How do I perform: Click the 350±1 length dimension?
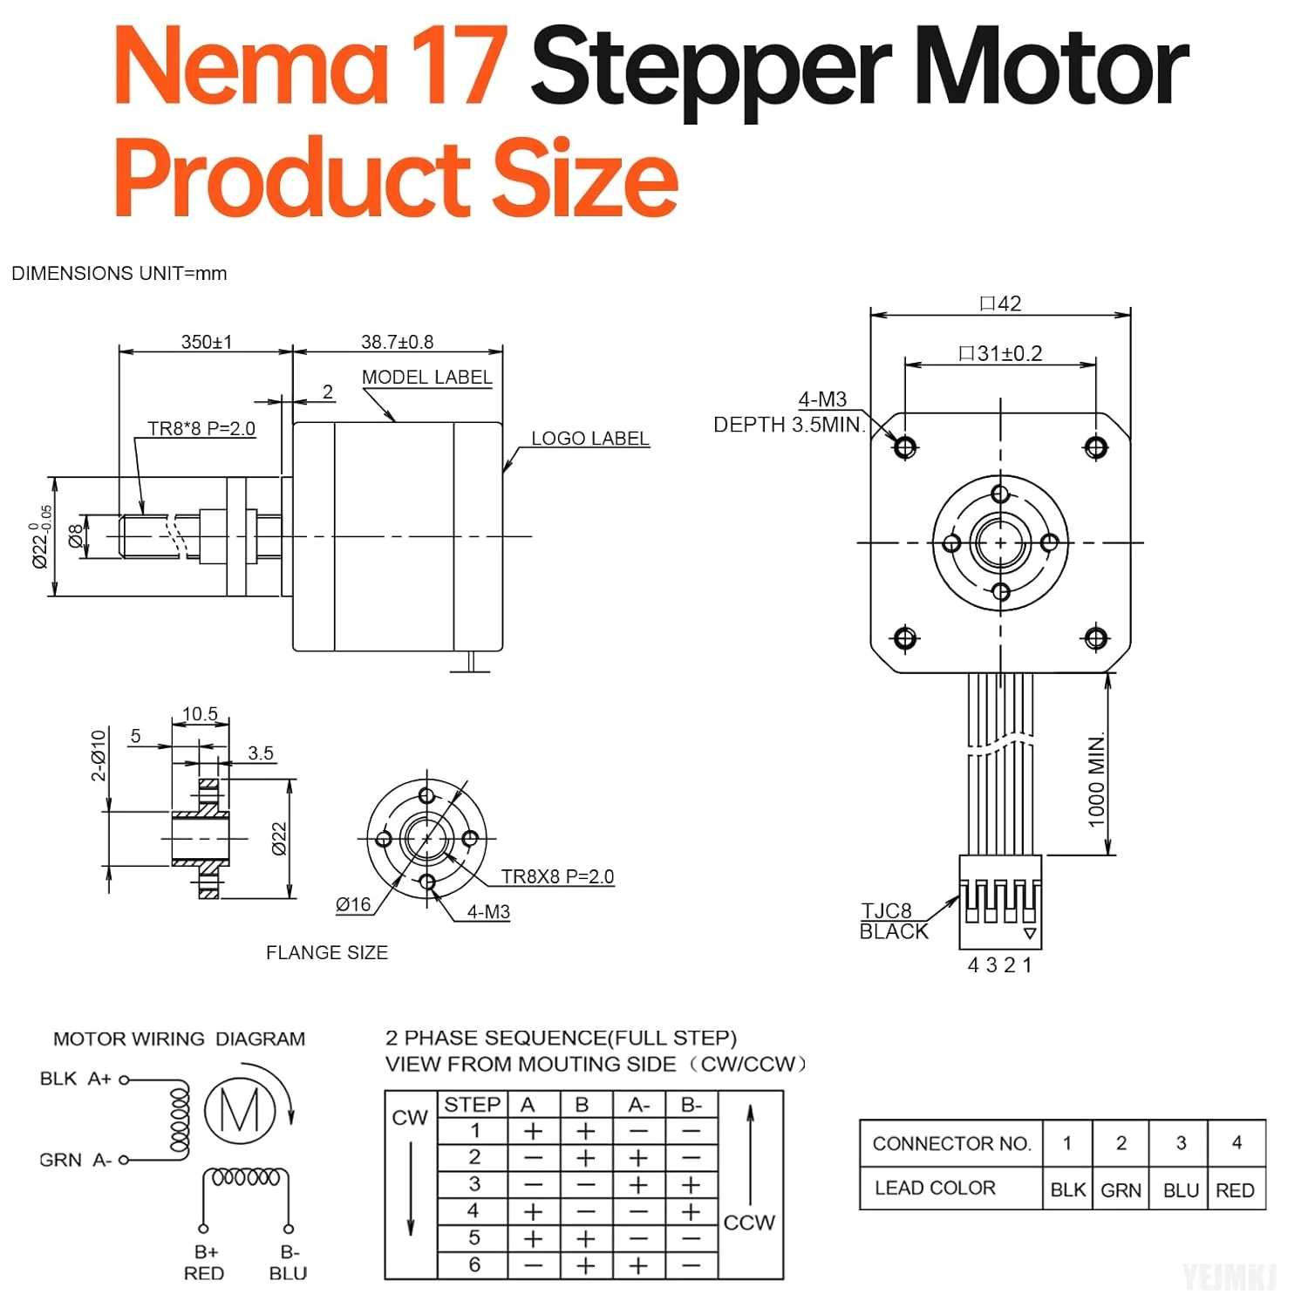tap(207, 342)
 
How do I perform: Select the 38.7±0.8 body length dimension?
tap(397, 342)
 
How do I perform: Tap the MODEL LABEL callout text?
tap(426, 378)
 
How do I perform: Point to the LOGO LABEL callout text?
tap(590, 439)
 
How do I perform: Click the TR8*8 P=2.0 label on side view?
tap(201, 428)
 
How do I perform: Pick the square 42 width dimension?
tap(1000, 303)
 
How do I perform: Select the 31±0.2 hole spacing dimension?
tap(1000, 353)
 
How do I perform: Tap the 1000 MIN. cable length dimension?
tap(1096, 780)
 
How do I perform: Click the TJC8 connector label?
tap(887, 911)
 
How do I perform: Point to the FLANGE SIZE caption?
tap(327, 952)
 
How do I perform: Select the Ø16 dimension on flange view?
tap(353, 905)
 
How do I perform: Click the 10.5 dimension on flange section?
tap(200, 714)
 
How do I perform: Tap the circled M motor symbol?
tap(240, 1110)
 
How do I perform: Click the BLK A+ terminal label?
tap(76, 1079)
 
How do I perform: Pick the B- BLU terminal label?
tap(289, 1263)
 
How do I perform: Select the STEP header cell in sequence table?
tap(472, 1105)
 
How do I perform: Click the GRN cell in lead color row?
tap(1121, 1190)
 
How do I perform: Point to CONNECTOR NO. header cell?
tap(951, 1143)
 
